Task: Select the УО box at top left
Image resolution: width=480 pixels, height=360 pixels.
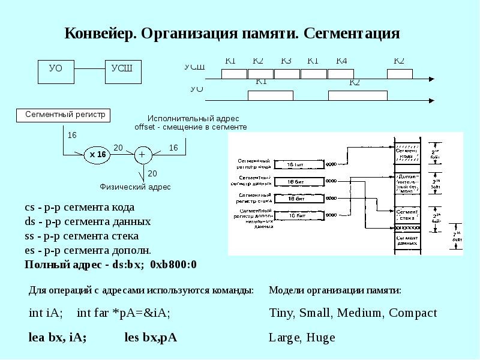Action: point(56,71)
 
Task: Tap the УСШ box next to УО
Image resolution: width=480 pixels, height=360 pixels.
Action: point(122,71)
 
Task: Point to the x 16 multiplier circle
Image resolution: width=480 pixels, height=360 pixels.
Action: point(97,155)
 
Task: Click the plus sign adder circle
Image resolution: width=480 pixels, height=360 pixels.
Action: point(143,155)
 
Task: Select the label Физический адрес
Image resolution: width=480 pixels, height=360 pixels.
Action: point(135,187)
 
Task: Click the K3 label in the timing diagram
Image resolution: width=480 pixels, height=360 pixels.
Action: point(286,61)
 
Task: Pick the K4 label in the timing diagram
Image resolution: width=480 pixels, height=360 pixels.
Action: point(341,61)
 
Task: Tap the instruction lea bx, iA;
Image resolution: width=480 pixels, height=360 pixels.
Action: point(58,337)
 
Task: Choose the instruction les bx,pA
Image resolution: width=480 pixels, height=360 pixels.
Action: point(151,337)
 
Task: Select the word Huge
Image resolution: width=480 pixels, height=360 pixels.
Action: point(320,337)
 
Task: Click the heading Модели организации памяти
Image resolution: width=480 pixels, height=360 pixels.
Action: point(335,290)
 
